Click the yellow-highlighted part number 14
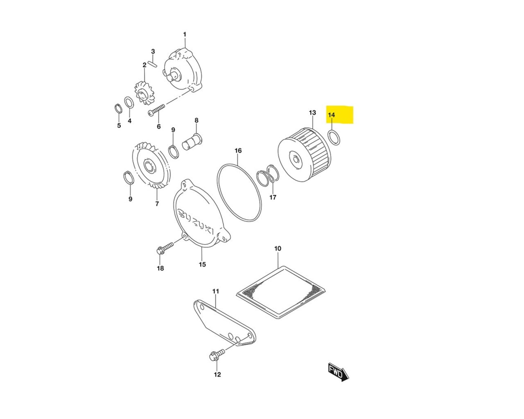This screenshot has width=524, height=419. click(x=332, y=115)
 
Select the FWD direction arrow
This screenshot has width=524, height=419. click(x=338, y=372)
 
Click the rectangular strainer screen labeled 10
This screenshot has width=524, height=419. click(x=281, y=291)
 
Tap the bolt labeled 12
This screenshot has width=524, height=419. click(x=216, y=355)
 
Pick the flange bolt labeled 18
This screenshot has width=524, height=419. click(x=164, y=248)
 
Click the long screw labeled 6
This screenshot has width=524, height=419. click(x=157, y=110)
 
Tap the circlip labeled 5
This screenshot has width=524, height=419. click(x=117, y=110)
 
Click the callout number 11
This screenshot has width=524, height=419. click(x=216, y=291)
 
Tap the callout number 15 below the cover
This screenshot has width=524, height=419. click(x=202, y=264)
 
